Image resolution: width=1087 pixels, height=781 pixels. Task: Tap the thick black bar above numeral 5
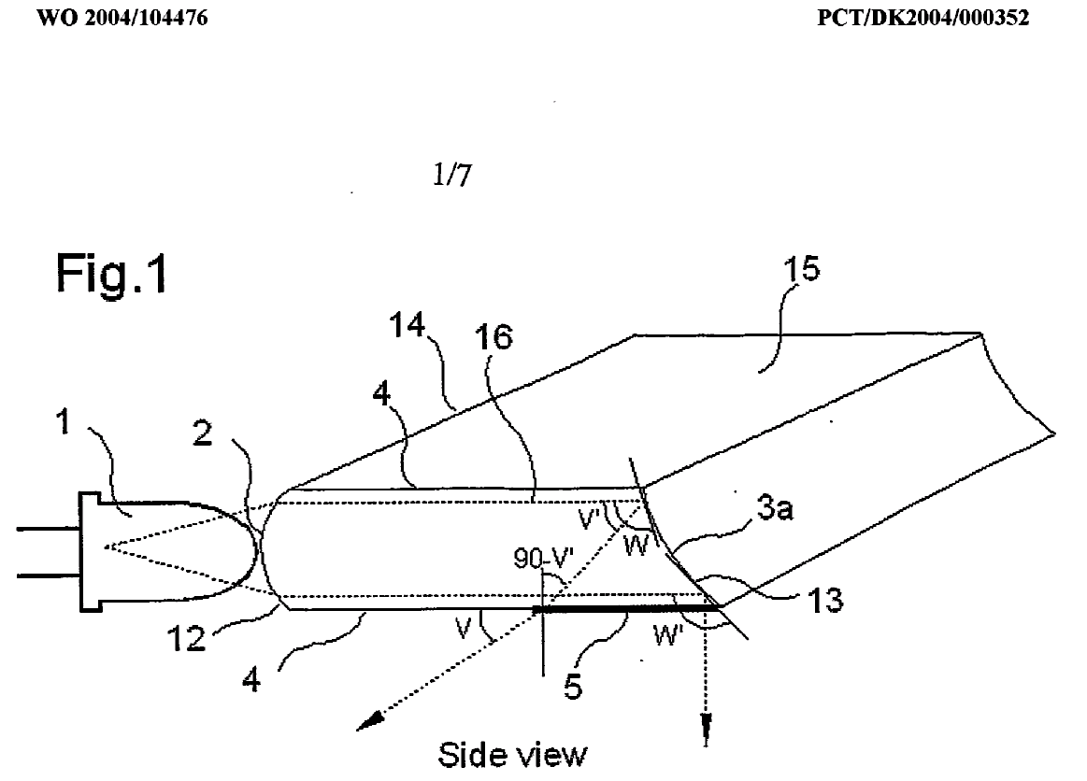pos(626,608)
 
